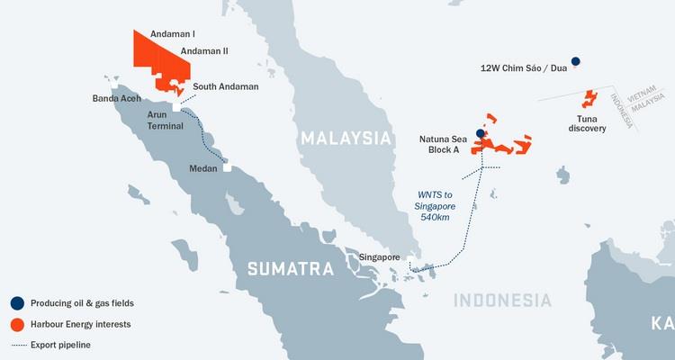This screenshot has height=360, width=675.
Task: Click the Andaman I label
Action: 168,33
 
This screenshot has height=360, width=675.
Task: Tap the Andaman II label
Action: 204,51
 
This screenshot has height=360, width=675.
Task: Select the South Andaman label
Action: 226,86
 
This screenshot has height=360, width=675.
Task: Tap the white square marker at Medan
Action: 228,167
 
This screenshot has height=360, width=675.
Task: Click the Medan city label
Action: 204,168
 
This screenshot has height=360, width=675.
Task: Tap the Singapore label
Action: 379,257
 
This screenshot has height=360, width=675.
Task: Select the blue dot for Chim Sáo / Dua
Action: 575,61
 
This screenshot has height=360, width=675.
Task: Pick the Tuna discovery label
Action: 587,122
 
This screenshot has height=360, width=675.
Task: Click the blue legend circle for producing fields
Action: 17,303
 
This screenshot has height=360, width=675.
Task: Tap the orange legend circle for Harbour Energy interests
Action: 17,324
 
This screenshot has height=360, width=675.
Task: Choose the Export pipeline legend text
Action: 60,344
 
